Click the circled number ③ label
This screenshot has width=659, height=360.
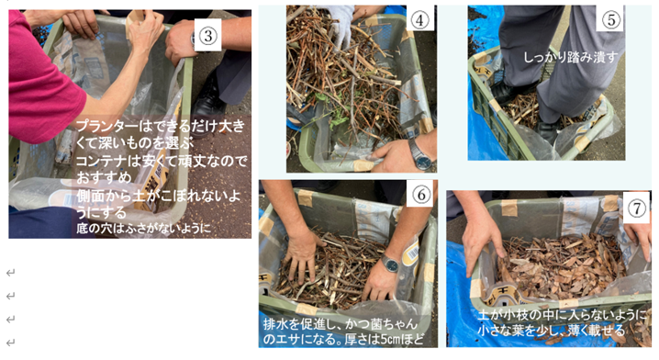208,36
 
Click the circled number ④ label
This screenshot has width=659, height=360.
419,19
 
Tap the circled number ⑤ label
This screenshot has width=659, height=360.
610,19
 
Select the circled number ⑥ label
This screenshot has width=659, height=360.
420,195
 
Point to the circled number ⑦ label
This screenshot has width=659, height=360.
636,208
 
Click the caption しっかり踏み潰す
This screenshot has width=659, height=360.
570,57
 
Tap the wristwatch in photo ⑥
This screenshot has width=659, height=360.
390,264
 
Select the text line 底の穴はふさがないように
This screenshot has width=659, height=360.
143,229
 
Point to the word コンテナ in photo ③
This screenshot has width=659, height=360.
101,161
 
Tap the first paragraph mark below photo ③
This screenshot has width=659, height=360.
10,273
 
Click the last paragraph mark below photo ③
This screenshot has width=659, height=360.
10,343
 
